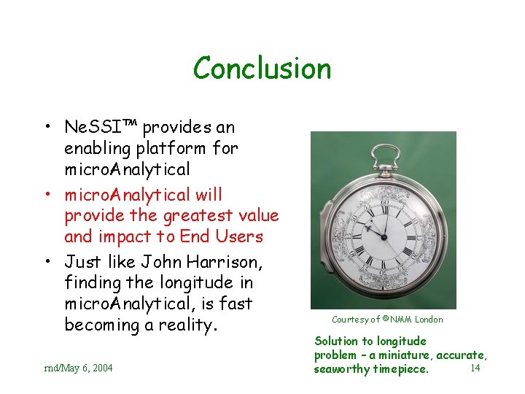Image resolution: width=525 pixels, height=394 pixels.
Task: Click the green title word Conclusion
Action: pyautogui.click(x=262, y=69)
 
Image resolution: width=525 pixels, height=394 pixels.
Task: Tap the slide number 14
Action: pyautogui.click(x=475, y=368)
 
